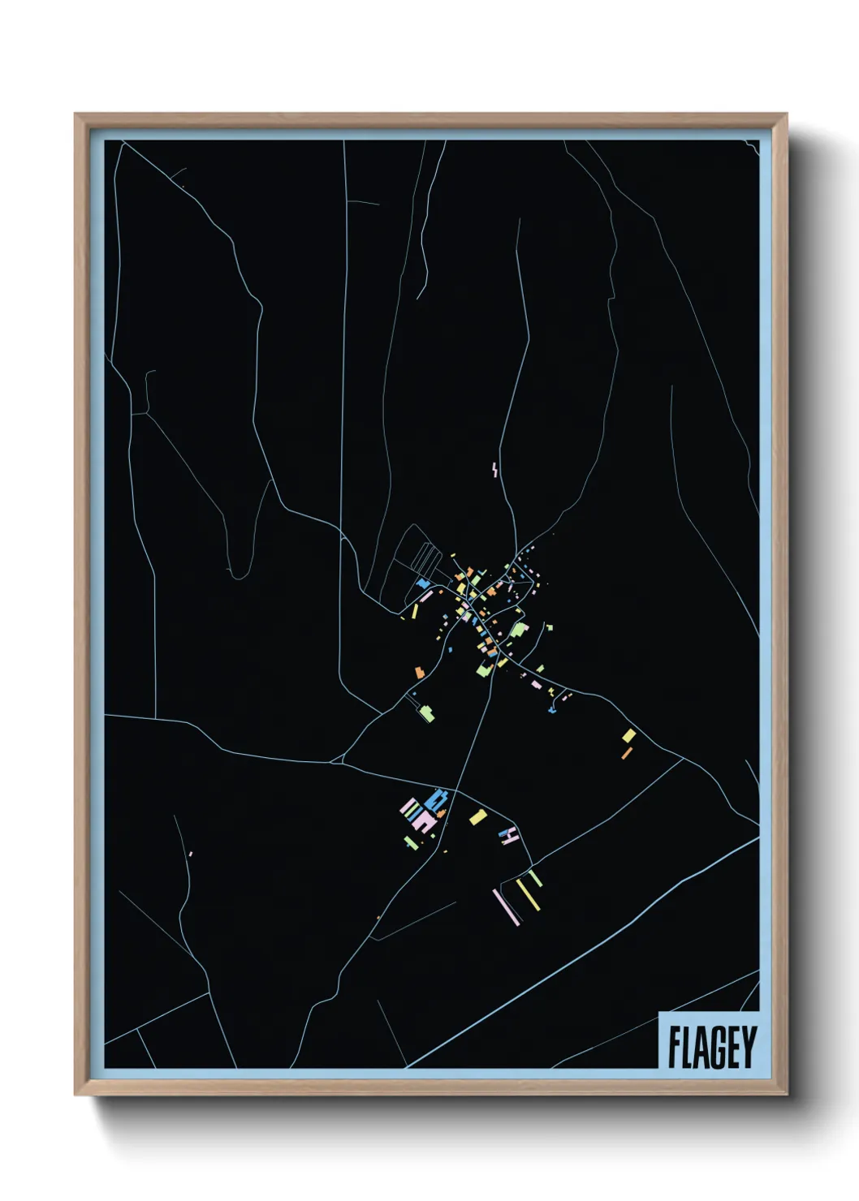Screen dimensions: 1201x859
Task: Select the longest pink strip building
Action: (x=507, y=906)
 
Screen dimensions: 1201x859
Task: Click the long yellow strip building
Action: (x=529, y=897)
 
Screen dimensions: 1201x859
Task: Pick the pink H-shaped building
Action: (x=509, y=835)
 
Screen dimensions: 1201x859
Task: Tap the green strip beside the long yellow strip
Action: (x=536, y=878)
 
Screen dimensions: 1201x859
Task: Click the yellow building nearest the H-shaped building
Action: (x=478, y=816)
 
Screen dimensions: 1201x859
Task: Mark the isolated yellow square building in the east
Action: (x=629, y=735)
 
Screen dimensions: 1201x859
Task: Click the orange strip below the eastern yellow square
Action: (x=626, y=753)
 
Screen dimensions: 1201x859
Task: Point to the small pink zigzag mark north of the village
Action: (x=494, y=468)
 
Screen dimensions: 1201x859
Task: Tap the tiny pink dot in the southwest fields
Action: (x=190, y=853)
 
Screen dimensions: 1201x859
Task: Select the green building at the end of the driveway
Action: (x=426, y=713)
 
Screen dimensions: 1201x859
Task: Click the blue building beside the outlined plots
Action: (x=423, y=583)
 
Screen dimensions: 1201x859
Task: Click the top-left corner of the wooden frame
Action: (x=76, y=115)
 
